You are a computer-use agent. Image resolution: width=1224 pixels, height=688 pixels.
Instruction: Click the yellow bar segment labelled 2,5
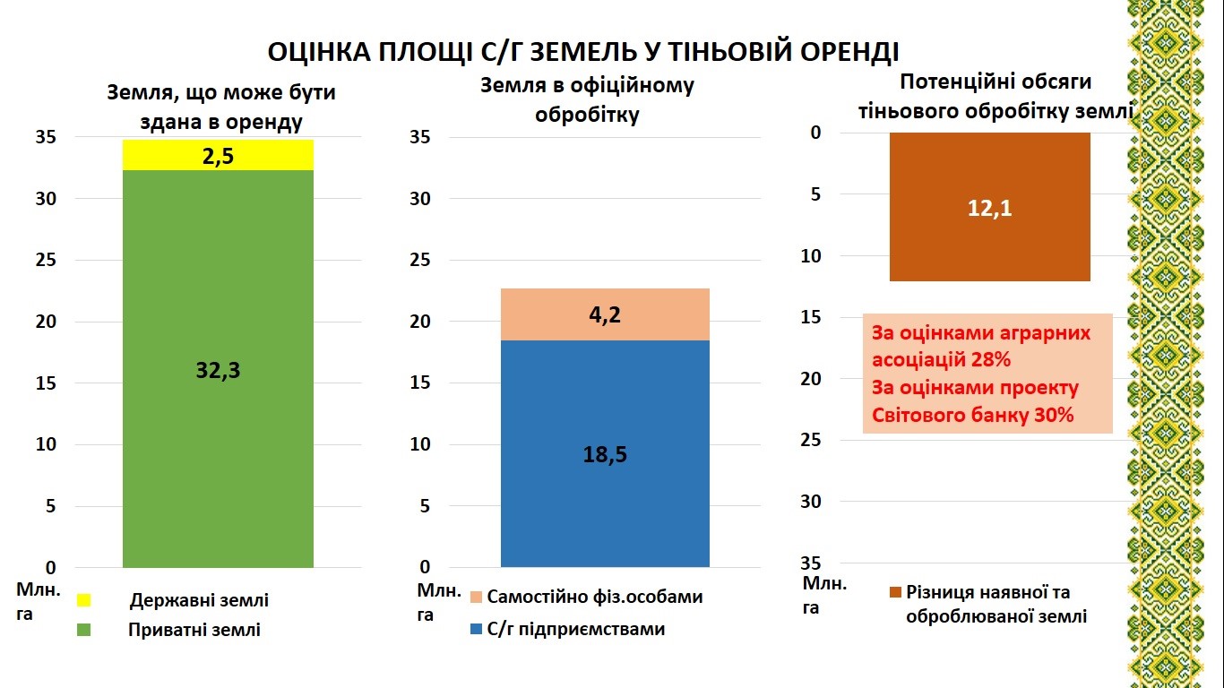(x=218, y=155)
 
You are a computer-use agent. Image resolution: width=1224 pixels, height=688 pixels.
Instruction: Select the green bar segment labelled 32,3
(x=218, y=369)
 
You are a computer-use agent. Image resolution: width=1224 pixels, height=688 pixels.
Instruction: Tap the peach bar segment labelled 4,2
(x=605, y=314)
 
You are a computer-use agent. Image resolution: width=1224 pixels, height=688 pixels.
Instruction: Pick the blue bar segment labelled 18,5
(x=605, y=453)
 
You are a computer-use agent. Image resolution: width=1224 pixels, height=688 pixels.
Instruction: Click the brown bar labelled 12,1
(x=989, y=207)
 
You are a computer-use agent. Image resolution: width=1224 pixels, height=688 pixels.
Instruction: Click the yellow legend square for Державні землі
(x=84, y=599)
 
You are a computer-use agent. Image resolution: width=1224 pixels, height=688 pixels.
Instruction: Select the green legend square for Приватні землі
(x=84, y=630)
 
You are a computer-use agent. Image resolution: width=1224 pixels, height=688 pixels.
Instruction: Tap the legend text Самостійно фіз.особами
(x=595, y=597)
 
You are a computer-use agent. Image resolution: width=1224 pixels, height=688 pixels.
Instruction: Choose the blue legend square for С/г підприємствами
(x=477, y=629)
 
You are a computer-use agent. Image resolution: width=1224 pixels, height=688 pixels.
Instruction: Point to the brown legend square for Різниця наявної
(x=894, y=593)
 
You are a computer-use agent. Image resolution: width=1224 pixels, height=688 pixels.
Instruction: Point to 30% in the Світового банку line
(x=1054, y=416)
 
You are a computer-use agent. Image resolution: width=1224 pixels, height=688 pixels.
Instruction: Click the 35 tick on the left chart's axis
(x=45, y=137)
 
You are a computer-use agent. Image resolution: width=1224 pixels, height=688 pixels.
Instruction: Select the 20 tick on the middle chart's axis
(x=420, y=322)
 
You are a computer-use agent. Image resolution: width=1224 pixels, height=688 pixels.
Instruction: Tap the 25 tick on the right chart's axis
(x=810, y=440)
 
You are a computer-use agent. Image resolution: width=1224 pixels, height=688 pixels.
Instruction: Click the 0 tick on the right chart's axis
(x=815, y=133)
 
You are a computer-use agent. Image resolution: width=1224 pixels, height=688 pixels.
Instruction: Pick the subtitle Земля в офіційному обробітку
(x=587, y=100)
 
